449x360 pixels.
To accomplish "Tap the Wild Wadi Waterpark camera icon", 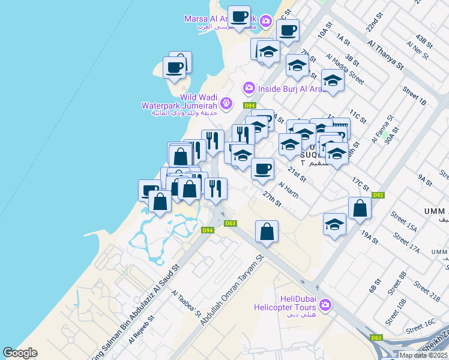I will [226, 104].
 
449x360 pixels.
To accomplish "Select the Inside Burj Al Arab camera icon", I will [249, 89].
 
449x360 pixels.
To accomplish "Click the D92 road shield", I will [378, 194].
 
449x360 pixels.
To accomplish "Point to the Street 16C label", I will [420, 326].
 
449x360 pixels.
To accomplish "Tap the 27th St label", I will [272, 199].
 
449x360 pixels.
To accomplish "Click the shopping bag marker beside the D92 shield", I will [360, 208].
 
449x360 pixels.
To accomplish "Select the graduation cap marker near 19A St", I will [335, 225].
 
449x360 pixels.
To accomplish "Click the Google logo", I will [20, 353].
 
